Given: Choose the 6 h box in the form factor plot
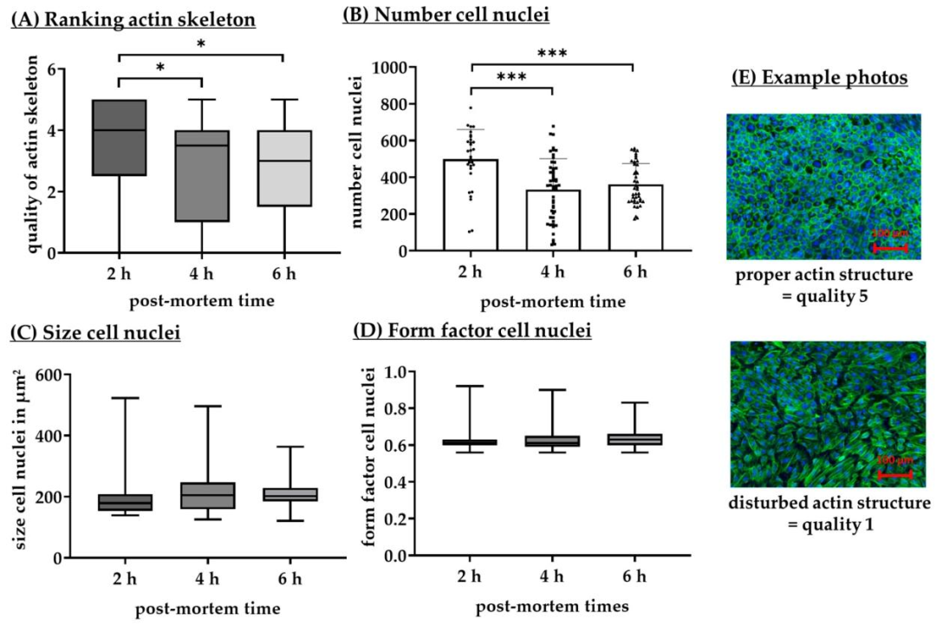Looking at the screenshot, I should (634, 439).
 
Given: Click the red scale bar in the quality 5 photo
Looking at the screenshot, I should (889, 248).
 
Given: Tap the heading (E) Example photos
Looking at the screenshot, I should (820, 77).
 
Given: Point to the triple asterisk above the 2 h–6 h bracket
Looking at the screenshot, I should (553, 54).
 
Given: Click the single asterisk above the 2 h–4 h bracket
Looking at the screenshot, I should (161, 68).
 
